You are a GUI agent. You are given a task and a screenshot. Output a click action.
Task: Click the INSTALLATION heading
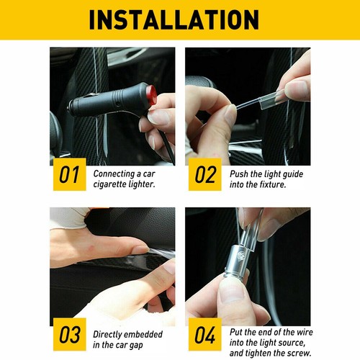pyautogui.click(x=174, y=19)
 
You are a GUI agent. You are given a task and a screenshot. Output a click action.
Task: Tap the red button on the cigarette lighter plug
pyautogui.click(x=151, y=95)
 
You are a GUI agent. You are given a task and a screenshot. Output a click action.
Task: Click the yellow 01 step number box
pyautogui.click(x=70, y=174)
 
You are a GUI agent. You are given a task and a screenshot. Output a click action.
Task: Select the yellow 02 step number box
pyautogui.click(x=205, y=174)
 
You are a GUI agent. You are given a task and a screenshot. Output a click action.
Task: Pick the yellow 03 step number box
pyautogui.click(x=70, y=334)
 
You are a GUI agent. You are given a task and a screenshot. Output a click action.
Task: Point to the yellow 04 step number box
pyautogui.click(x=205, y=334)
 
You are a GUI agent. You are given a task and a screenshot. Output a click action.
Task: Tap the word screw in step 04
pyautogui.click(x=300, y=353)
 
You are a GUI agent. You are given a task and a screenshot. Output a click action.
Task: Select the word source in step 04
pyautogui.click(x=292, y=343)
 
